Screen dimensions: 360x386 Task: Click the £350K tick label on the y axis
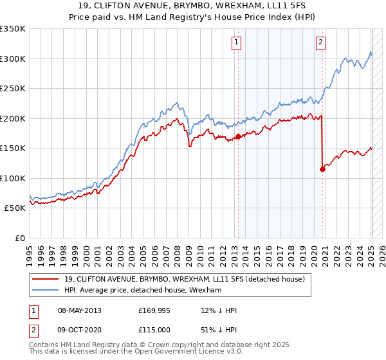(13, 29)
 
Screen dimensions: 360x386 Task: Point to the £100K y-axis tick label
(13, 178)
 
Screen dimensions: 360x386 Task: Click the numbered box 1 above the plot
(237, 43)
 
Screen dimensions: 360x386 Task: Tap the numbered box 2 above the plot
(320, 43)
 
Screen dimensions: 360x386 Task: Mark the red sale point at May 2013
(238, 136)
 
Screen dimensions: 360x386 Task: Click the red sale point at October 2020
(322, 169)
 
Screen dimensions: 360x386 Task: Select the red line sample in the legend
(46, 278)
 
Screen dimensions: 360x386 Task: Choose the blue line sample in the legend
(46, 290)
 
